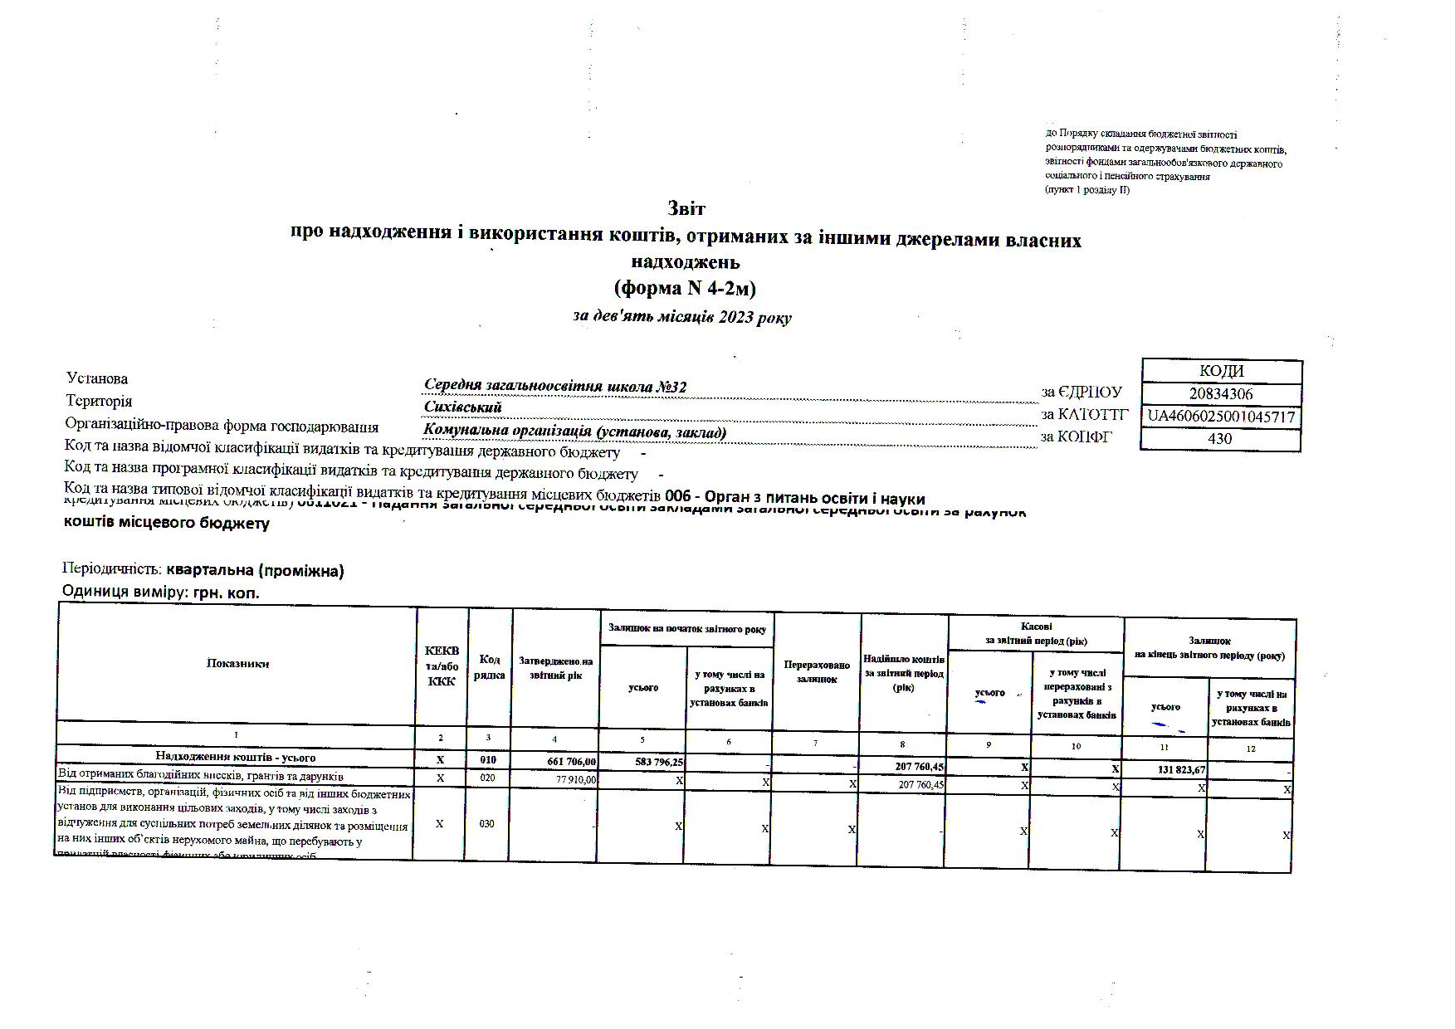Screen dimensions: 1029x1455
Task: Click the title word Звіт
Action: pos(686,208)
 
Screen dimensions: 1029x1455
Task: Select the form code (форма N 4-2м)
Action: pos(685,288)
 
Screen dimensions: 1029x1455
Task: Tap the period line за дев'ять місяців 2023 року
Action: pos(682,317)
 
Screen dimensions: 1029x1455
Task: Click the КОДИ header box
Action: pos(1221,371)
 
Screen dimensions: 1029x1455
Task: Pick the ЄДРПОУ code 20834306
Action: pos(1220,394)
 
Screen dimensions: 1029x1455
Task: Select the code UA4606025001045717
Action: pos(1221,417)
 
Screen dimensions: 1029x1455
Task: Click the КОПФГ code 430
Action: pos(1219,438)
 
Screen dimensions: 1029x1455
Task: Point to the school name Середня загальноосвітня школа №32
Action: pos(554,386)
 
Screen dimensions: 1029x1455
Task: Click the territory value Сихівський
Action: pos(462,407)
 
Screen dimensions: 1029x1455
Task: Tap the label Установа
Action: pos(97,379)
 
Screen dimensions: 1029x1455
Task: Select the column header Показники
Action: pos(237,663)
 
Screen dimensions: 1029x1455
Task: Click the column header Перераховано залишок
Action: pos(817,672)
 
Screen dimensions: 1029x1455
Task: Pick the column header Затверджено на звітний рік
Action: pos(555,668)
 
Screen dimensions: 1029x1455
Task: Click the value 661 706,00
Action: pos(569,759)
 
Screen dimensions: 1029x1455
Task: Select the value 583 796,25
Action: pos(656,760)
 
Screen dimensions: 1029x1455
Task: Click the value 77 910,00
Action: pos(575,779)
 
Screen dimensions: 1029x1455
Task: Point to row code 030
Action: pos(487,824)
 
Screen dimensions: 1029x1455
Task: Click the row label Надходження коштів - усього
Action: pos(236,757)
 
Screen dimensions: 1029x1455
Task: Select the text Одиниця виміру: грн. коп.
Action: pos(161,593)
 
